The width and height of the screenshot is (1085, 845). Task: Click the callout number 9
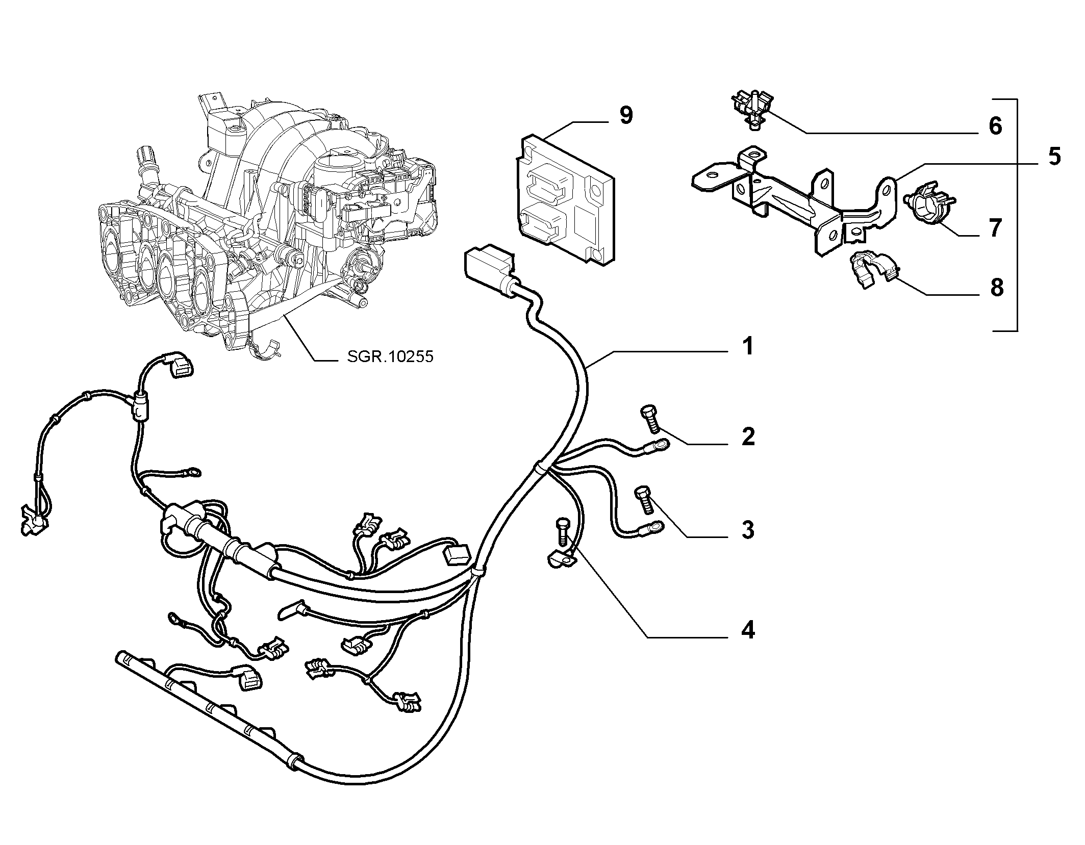[x=626, y=116]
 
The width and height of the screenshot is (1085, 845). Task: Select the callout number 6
[x=995, y=126]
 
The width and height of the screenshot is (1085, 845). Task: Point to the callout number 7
[x=995, y=227]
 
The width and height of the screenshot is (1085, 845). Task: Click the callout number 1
[x=747, y=346]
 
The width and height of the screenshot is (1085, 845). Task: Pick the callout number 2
[x=748, y=437]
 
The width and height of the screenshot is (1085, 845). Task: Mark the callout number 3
[x=748, y=530]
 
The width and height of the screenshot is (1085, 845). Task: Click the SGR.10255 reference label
[x=390, y=356]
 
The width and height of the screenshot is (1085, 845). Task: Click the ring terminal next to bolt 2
[x=658, y=446]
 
